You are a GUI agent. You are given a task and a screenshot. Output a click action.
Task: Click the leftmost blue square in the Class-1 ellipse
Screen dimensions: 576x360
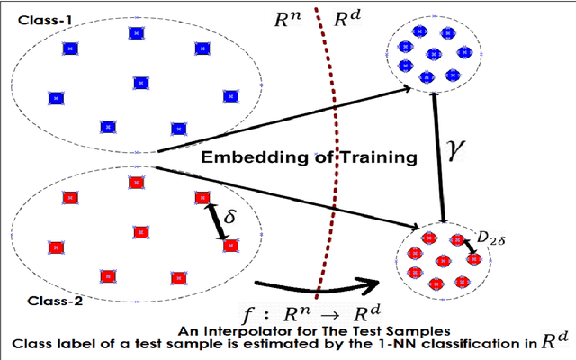pyautogui.click(x=56, y=96)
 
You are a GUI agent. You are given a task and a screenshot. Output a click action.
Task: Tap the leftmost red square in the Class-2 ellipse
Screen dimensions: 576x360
pyautogui.click(x=56, y=246)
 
